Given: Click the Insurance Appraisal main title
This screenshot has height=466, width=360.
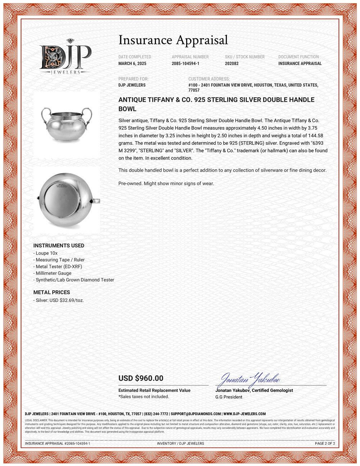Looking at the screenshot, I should pos(173,40).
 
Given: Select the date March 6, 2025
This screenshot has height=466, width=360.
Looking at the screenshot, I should pos(132,64).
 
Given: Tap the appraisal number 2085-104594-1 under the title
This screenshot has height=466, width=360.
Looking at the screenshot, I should pos(185,64).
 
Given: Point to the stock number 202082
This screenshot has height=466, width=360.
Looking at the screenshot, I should pos(231,64).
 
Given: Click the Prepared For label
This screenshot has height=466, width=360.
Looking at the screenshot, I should pos(133,79).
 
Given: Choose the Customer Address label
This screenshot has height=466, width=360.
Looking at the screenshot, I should pos(209,79).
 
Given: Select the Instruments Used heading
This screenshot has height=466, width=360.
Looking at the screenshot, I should pos(59,246).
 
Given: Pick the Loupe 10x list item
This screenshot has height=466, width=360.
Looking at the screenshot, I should pos(46,253).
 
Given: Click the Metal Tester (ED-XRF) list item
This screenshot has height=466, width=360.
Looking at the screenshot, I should pos(59,266).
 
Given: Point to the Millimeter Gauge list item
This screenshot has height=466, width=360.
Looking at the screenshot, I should pos(53,273).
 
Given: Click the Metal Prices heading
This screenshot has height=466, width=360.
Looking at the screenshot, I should pos(51,292).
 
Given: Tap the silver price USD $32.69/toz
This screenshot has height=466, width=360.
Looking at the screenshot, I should pos(59,300).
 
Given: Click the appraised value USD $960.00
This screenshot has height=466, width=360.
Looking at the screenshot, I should pos(141,378).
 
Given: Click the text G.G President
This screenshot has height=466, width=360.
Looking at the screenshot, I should pos(229,397).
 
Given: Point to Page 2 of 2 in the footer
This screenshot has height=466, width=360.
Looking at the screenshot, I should pos(325,444).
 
